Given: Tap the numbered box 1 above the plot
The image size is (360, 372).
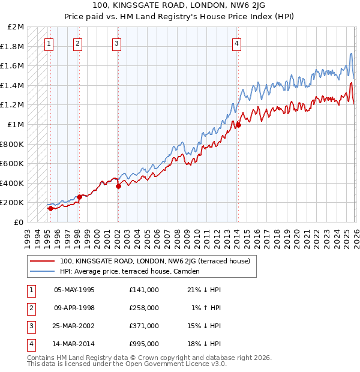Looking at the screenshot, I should [x=49, y=43].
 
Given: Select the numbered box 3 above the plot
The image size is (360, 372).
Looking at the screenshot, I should [x=116, y=43].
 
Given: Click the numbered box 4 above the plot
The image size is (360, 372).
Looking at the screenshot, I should [x=237, y=43].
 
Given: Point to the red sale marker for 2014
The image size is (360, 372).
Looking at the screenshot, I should [x=238, y=125].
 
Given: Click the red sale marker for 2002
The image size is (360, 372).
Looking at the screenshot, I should [x=118, y=186].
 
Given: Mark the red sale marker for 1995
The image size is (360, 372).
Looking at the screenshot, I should [x=50, y=208].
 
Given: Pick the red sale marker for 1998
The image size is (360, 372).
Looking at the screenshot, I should [x=79, y=197].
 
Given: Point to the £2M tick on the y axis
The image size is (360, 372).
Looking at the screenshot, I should [x=16, y=27].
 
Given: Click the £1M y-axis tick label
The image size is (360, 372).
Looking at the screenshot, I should [x=16, y=125].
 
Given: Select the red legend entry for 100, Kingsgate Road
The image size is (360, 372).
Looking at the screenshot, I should [x=158, y=261].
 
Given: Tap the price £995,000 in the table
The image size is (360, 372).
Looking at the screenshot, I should [x=144, y=344].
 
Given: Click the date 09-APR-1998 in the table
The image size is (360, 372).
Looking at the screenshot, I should [x=74, y=308].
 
